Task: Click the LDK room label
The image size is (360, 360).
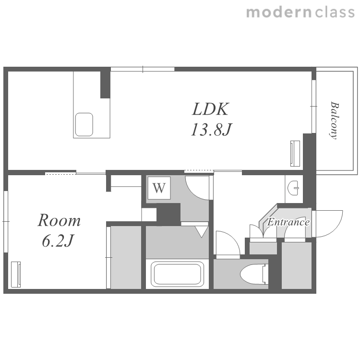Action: pos(210,109)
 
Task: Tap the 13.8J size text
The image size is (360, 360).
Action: pos(211,130)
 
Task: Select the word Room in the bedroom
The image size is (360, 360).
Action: pos(59,220)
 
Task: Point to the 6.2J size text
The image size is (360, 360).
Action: pos(58,241)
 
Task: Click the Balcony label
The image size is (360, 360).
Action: pos(335,120)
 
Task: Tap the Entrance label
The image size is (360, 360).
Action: pos(288,222)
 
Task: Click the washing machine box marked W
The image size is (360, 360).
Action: pos(159,188)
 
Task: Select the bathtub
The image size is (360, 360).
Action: pos(177,274)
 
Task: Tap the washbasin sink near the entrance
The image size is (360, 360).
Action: pos(293,188)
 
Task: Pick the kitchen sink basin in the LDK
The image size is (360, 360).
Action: pos(84,124)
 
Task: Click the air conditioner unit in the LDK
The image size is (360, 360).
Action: pos(295,154)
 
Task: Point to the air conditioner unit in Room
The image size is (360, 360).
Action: pos(16,275)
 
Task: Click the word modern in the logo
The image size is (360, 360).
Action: pos(279,12)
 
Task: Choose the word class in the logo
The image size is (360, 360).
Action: pos(335,12)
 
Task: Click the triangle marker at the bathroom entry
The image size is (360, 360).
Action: pos(202,231)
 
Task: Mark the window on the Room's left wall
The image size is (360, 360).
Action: pos(6,222)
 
